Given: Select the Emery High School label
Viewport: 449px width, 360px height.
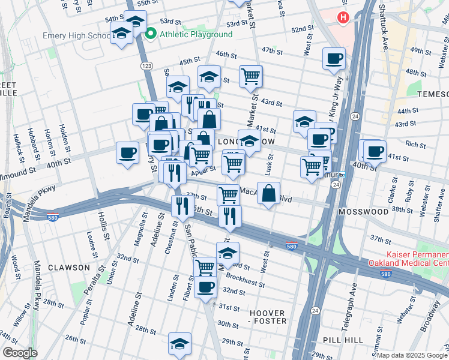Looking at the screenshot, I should click(x=76, y=36).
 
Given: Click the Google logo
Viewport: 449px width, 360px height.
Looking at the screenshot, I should click(x=20, y=353).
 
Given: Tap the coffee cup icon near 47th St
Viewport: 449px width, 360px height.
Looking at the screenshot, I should click(x=334, y=59).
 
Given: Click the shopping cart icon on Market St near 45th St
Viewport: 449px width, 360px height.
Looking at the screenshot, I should click(x=250, y=76).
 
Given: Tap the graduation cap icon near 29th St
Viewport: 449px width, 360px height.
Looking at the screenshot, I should click(x=179, y=343).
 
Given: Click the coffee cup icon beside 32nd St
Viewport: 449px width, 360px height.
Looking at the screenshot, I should click(x=205, y=287).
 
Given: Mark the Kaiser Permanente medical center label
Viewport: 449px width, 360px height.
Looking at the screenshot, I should click(x=417, y=259).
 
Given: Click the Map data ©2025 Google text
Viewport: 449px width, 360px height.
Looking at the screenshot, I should click(x=412, y=355).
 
